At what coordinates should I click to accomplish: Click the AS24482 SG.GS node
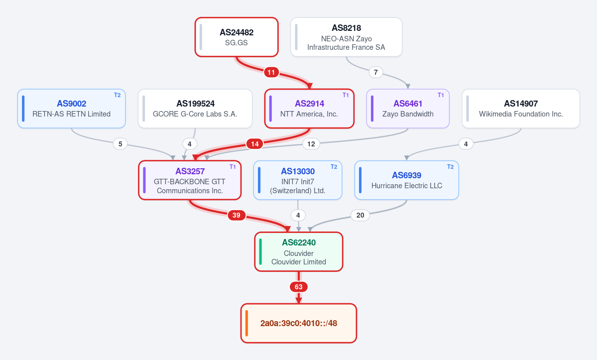click(x=237, y=37)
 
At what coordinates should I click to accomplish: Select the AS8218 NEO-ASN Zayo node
click(x=346, y=37)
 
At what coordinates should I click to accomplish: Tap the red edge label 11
click(x=271, y=72)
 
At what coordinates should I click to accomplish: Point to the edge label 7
click(x=376, y=72)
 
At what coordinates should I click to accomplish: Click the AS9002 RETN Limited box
click(x=72, y=109)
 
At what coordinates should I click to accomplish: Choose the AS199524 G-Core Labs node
click(x=195, y=109)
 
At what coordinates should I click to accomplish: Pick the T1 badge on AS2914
click(x=346, y=95)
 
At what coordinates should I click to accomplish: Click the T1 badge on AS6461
click(x=441, y=95)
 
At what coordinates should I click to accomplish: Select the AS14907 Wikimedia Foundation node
click(x=521, y=109)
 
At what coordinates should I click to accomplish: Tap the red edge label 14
click(x=255, y=144)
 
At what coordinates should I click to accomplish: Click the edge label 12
click(x=311, y=144)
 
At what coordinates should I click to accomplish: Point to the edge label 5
click(x=120, y=144)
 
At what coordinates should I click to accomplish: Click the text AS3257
click(x=190, y=171)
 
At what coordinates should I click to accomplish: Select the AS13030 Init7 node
click(x=298, y=180)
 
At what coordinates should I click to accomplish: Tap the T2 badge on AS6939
click(x=451, y=167)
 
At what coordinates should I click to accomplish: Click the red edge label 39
click(x=237, y=215)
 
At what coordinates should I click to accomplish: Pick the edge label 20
click(x=360, y=215)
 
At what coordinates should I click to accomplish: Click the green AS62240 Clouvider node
click(x=299, y=251)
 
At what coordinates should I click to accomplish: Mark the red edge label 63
click(x=299, y=287)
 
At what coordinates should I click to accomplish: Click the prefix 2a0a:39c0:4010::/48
click(x=299, y=323)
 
